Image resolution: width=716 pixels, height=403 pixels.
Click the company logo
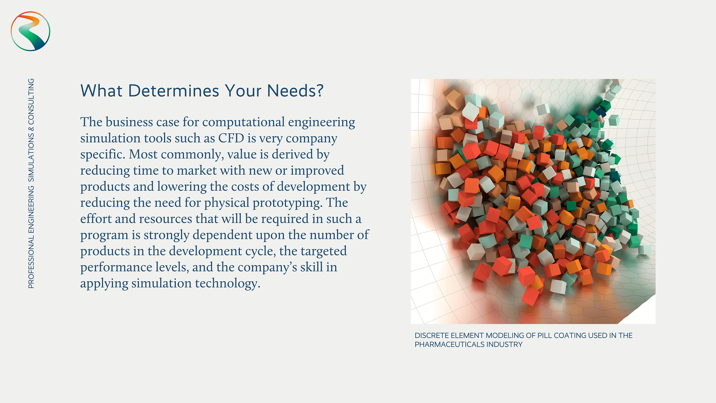30,31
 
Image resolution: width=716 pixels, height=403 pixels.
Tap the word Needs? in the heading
295,91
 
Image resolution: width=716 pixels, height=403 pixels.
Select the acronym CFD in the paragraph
231,138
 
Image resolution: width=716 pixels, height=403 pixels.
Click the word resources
165,219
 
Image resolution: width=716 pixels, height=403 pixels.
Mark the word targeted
323,251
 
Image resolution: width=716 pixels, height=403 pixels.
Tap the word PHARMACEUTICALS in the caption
448,344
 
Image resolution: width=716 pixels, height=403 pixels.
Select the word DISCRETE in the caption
430,335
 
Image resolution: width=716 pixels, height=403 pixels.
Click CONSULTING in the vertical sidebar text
31,102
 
